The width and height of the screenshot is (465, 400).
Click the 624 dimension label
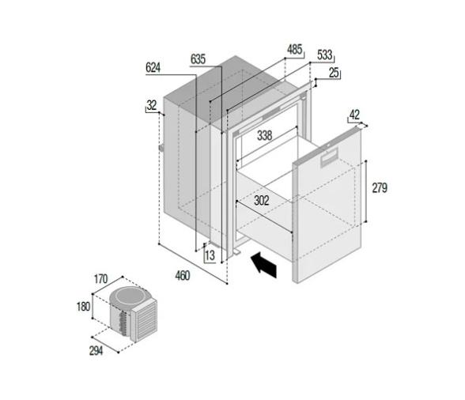pos(153,68)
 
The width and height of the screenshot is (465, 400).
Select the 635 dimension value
pos(198,58)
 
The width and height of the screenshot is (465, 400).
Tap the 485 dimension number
pos(294,50)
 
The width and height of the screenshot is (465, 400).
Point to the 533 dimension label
pos(324,55)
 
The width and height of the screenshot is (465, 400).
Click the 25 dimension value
pos(334,73)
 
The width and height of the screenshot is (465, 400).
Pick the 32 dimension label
pos(151,104)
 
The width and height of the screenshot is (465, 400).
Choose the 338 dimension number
pos(265,136)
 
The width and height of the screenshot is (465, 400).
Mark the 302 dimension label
pos(262,201)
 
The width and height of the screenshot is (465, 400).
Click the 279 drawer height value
pos(380,187)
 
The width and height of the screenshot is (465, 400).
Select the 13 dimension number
pos(210,255)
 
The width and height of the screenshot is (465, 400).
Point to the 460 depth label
pos(183,276)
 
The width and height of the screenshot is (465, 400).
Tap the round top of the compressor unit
pos(126,297)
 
